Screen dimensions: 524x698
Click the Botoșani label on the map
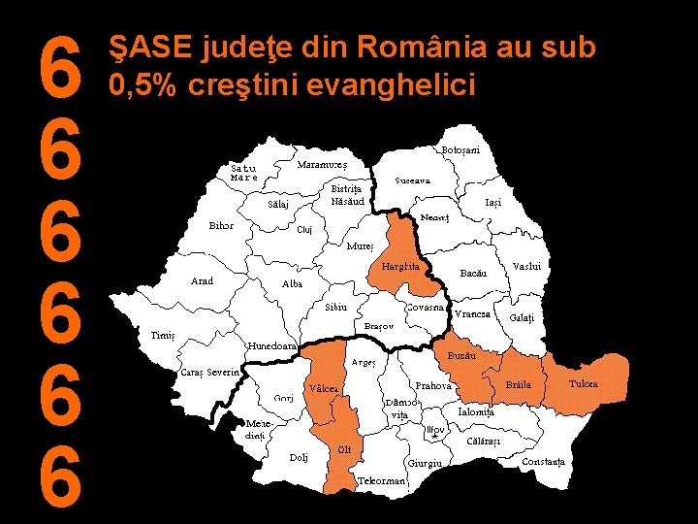(460, 149)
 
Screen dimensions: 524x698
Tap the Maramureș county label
(321, 164)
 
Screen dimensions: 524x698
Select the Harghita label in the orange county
(399, 266)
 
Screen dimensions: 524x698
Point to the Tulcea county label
(584, 384)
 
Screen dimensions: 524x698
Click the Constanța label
(543, 462)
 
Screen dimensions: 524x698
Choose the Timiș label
(163, 335)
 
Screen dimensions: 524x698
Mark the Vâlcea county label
(323, 388)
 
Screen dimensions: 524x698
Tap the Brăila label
(520, 385)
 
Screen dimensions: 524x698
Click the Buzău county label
(461, 357)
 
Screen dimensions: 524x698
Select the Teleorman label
(382, 480)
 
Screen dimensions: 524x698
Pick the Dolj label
(299, 457)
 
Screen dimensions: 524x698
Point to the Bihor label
(221, 225)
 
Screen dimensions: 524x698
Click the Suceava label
(413, 181)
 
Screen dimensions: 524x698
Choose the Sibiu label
(335, 307)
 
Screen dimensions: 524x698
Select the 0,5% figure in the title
(144, 85)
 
